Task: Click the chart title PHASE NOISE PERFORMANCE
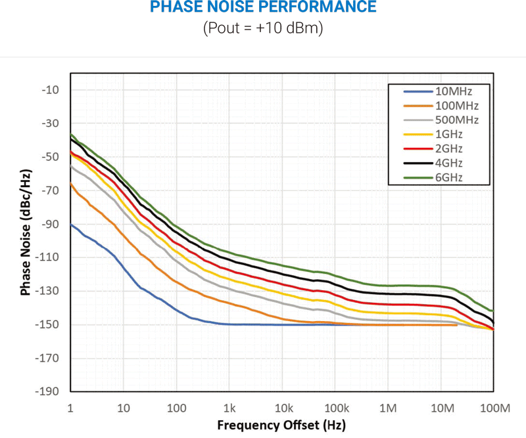click(263, 8)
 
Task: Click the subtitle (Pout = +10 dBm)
click(263, 29)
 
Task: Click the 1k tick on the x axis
click(229, 408)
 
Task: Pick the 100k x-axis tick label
click(336, 408)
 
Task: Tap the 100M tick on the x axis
click(495, 408)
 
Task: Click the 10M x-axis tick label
click(442, 408)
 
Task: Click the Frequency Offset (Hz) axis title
click(281, 424)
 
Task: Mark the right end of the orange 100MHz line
click(456, 324)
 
